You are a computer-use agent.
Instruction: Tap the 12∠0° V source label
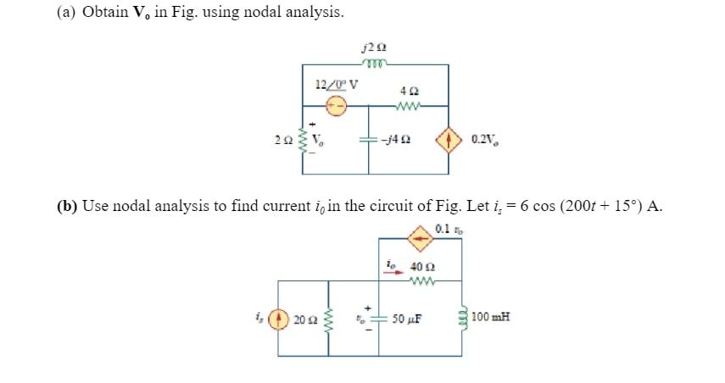tap(335, 84)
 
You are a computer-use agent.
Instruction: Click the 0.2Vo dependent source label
tap(482, 140)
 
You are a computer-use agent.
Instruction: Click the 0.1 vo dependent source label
tap(445, 228)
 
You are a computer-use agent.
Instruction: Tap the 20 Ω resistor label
tap(304, 320)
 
